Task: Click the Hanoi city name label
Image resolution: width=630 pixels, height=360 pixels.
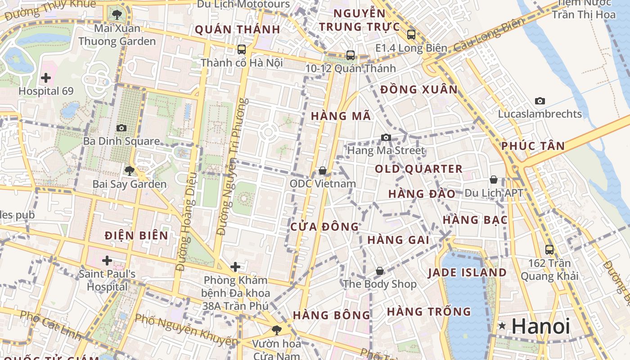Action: (x=540, y=326)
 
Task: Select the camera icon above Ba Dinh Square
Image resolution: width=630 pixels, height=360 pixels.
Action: (x=121, y=128)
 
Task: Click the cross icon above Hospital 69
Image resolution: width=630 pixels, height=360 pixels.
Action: (x=45, y=78)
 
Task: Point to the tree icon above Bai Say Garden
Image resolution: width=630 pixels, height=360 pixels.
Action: (x=130, y=171)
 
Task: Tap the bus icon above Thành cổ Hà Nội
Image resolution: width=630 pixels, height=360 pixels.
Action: (x=242, y=49)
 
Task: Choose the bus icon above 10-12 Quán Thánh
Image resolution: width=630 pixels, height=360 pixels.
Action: (x=351, y=55)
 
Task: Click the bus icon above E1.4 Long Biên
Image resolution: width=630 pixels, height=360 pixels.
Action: (x=411, y=35)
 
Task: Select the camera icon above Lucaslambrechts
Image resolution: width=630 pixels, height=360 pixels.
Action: (x=540, y=101)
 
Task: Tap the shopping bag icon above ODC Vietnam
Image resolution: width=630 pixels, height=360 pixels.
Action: (x=323, y=171)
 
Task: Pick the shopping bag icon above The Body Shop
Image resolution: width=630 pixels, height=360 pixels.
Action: (x=380, y=271)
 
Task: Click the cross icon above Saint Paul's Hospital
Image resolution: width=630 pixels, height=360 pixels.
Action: (x=107, y=261)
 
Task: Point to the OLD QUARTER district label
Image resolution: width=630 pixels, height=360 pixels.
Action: (x=418, y=169)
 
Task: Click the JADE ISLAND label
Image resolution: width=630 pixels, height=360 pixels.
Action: (x=467, y=273)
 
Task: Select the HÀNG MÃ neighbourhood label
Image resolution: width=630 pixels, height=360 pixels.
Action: (x=341, y=116)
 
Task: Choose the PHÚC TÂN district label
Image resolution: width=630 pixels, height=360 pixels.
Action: (x=533, y=146)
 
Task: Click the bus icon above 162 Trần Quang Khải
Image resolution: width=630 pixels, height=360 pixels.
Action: (x=549, y=249)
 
